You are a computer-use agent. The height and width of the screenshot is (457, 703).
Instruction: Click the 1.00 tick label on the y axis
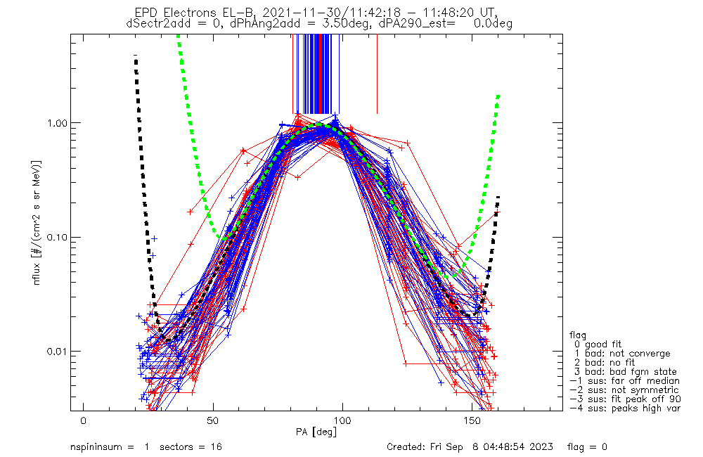tap(58, 122)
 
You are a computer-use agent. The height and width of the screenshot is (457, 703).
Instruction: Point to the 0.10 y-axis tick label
tap(58, 237)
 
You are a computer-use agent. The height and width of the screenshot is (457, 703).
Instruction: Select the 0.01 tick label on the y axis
tap(58, 351)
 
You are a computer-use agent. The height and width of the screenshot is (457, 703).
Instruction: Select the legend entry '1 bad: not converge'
tap(619, 354)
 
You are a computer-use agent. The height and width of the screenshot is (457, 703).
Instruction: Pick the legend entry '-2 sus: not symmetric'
tap(624, 390)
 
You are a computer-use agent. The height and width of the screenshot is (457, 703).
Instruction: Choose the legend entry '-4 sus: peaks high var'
tap(624, 408)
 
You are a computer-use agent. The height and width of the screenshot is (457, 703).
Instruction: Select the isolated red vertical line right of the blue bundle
tap(377, 74)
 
